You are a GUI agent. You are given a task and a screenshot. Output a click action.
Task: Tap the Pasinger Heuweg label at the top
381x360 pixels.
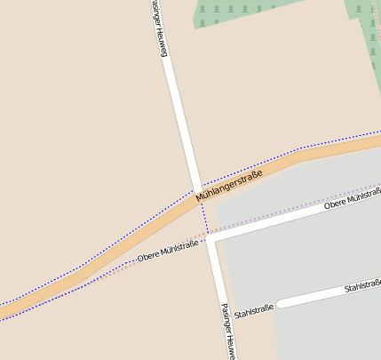tap(159, 28)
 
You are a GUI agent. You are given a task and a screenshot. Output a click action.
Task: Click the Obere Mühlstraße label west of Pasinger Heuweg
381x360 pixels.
tap(167, 252)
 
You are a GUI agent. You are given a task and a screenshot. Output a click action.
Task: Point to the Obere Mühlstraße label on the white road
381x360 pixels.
tap(353, 199)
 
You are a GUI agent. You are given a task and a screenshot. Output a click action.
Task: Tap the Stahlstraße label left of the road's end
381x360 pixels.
tap(253, 311)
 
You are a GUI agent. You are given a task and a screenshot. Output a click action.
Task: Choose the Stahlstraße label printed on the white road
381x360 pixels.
tap(362, 286)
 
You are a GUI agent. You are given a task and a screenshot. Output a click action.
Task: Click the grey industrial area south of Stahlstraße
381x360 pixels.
tap(329, 333)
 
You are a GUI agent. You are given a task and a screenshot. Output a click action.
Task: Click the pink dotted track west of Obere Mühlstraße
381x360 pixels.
tap(107, 271)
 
